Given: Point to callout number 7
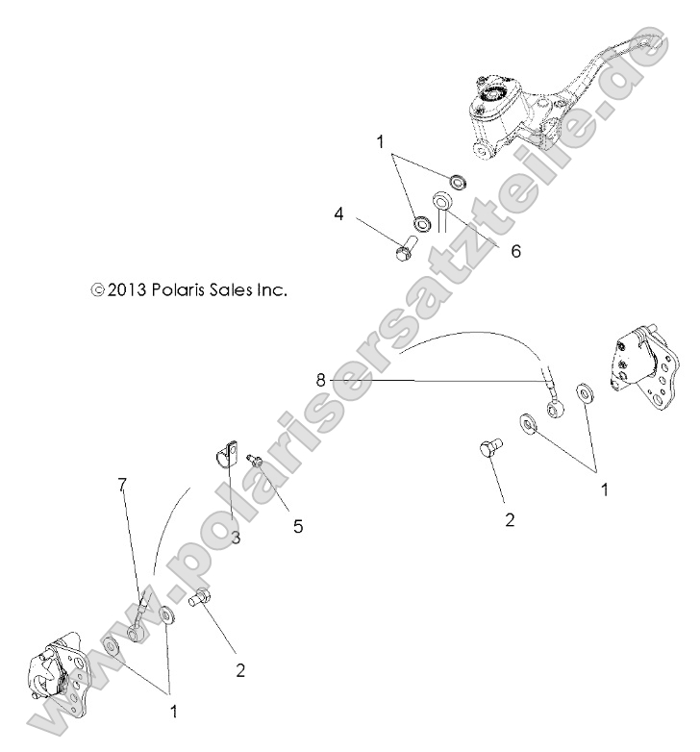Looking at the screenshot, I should pyautogui.click(x=123, y=485).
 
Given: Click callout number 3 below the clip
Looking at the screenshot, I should pyautogui.click(x=235, y=537).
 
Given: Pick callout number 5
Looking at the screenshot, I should pyautogui.click(x=298, y=527).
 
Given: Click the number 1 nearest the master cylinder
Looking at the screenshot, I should pyautogui.click(x=381, y=142).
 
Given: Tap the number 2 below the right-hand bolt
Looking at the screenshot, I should pyautogui.click(x=510, y=520).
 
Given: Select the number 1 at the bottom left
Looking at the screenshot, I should pyautogui.click(x=174, y=712).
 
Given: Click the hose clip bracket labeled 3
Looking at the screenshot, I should pyautogui.click(x=228, y=452).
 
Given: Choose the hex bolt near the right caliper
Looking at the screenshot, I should pyautogui.click(x=488, y=448).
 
